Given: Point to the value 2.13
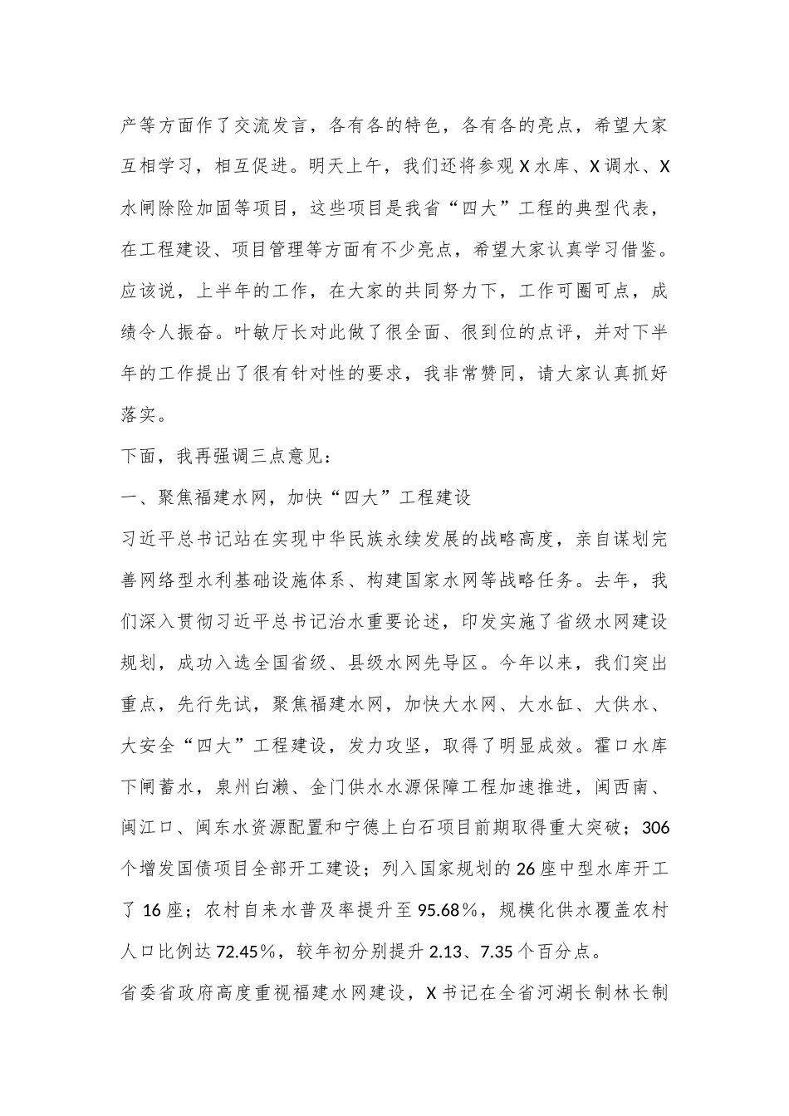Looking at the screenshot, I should [449, 952].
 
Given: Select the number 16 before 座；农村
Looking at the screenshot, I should [154, 910].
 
